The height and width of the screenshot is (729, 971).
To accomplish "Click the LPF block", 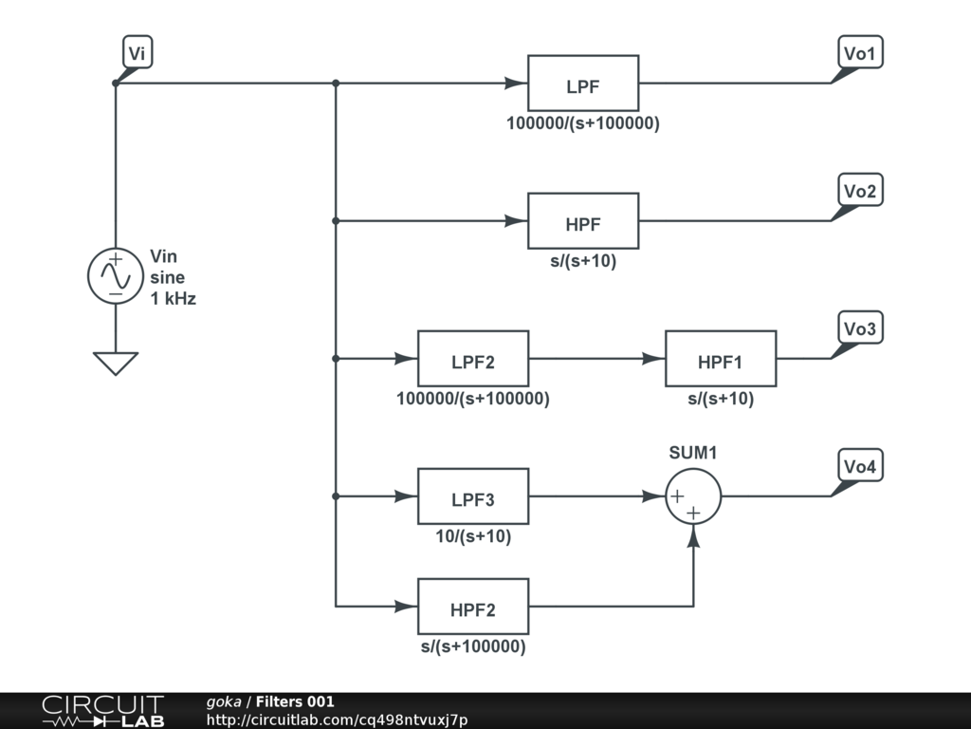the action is point(583,84).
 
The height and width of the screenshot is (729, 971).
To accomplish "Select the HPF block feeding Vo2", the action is point(583,220).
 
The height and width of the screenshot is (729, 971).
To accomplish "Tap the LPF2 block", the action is point(473,358).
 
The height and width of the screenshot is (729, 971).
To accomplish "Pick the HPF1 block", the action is point(721,358).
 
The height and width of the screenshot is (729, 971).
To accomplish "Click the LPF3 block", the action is point(473,495).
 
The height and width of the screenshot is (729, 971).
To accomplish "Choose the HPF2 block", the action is point(473,607).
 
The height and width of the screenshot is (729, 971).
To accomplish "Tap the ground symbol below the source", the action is point(116,364).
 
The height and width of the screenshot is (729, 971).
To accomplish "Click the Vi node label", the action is point(137,52).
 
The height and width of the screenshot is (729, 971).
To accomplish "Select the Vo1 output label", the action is point(860,53).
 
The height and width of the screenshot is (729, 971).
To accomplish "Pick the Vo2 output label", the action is point(860,190).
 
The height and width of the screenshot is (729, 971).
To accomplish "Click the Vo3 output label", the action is point(860,327).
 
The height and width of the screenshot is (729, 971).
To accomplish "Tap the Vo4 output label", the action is point(860,465).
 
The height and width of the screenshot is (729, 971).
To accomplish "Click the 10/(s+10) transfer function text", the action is point(473,536).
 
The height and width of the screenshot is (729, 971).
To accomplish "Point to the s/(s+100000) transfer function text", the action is point(473,646).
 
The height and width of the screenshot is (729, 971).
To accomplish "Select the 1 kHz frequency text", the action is point(173,299).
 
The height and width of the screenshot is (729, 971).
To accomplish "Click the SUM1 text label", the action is point(693,453).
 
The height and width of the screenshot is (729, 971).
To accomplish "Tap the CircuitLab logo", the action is point(103,711).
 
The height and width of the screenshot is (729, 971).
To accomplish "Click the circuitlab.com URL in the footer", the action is point(337,720).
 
